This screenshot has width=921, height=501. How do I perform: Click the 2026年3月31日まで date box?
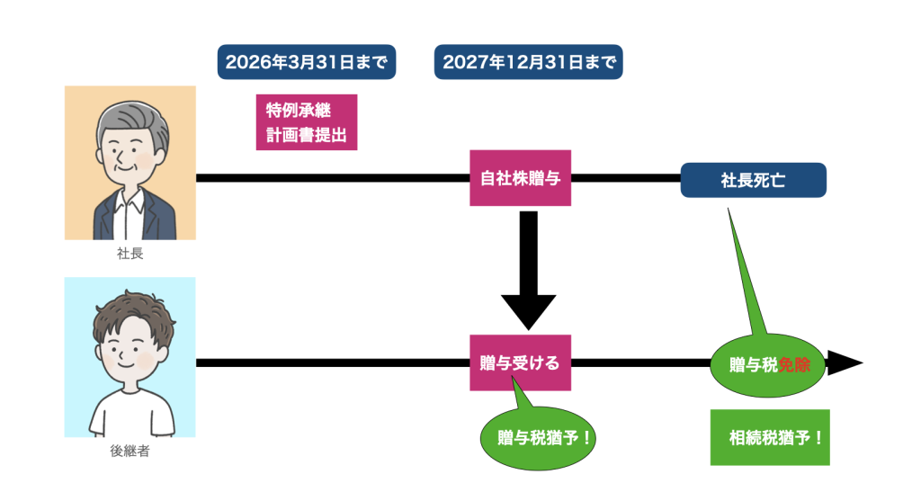point(307,62)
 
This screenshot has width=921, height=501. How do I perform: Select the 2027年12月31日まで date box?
point(528,62)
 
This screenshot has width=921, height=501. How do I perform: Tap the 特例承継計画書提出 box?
point(307,122)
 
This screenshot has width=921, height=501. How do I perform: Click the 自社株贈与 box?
point(521,178)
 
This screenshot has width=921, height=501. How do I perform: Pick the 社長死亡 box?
point(753,180)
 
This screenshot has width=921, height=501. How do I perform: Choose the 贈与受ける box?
point(520,363)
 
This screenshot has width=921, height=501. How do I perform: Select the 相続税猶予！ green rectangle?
point(770,438)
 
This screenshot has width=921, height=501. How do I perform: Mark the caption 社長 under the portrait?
point(130,254)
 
